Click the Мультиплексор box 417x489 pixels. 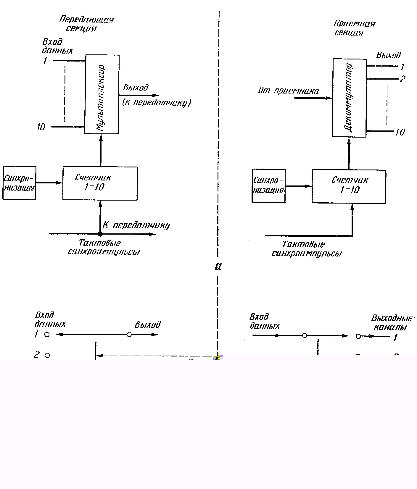point(102,94)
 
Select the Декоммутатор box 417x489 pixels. point(350,98)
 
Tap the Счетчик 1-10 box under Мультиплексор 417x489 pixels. point(100,183)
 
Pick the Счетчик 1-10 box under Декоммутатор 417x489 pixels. point(349,186)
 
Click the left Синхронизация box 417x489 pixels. point(19,183)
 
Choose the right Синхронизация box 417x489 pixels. point(268,186)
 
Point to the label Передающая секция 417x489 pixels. point(86,24)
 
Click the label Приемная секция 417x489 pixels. point(354,28)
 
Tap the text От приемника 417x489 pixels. point(289,91)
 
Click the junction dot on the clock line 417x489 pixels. point(100,234)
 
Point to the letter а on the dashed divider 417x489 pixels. point(218,267)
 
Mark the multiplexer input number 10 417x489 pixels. point(41,127)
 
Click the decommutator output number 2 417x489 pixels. point(402,79)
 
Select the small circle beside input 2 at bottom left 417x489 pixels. point(47,355)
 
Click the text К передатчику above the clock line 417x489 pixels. point(136,225)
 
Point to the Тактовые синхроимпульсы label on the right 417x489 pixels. point(306,249)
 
